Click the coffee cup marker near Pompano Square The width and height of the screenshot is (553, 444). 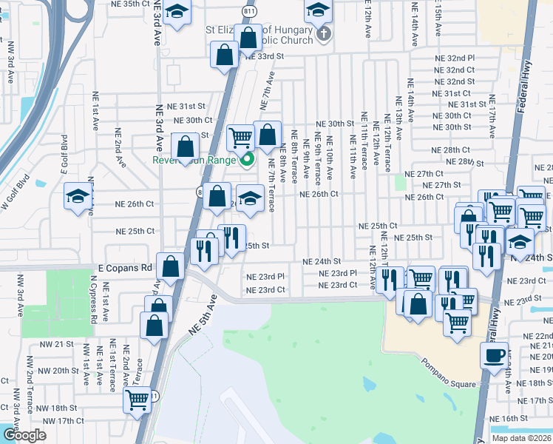pyautogui.click(x=494, y=354)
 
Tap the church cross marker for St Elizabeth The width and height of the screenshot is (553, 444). pyautogui.click(x=323, y=34)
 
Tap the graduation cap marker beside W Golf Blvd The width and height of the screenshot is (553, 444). pyautogui.click(x=77, y=196)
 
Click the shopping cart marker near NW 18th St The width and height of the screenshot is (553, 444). pyautogui.click(x=137, y=400)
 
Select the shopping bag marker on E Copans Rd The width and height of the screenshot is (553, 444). pyautogui.click(x=171, y=266)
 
